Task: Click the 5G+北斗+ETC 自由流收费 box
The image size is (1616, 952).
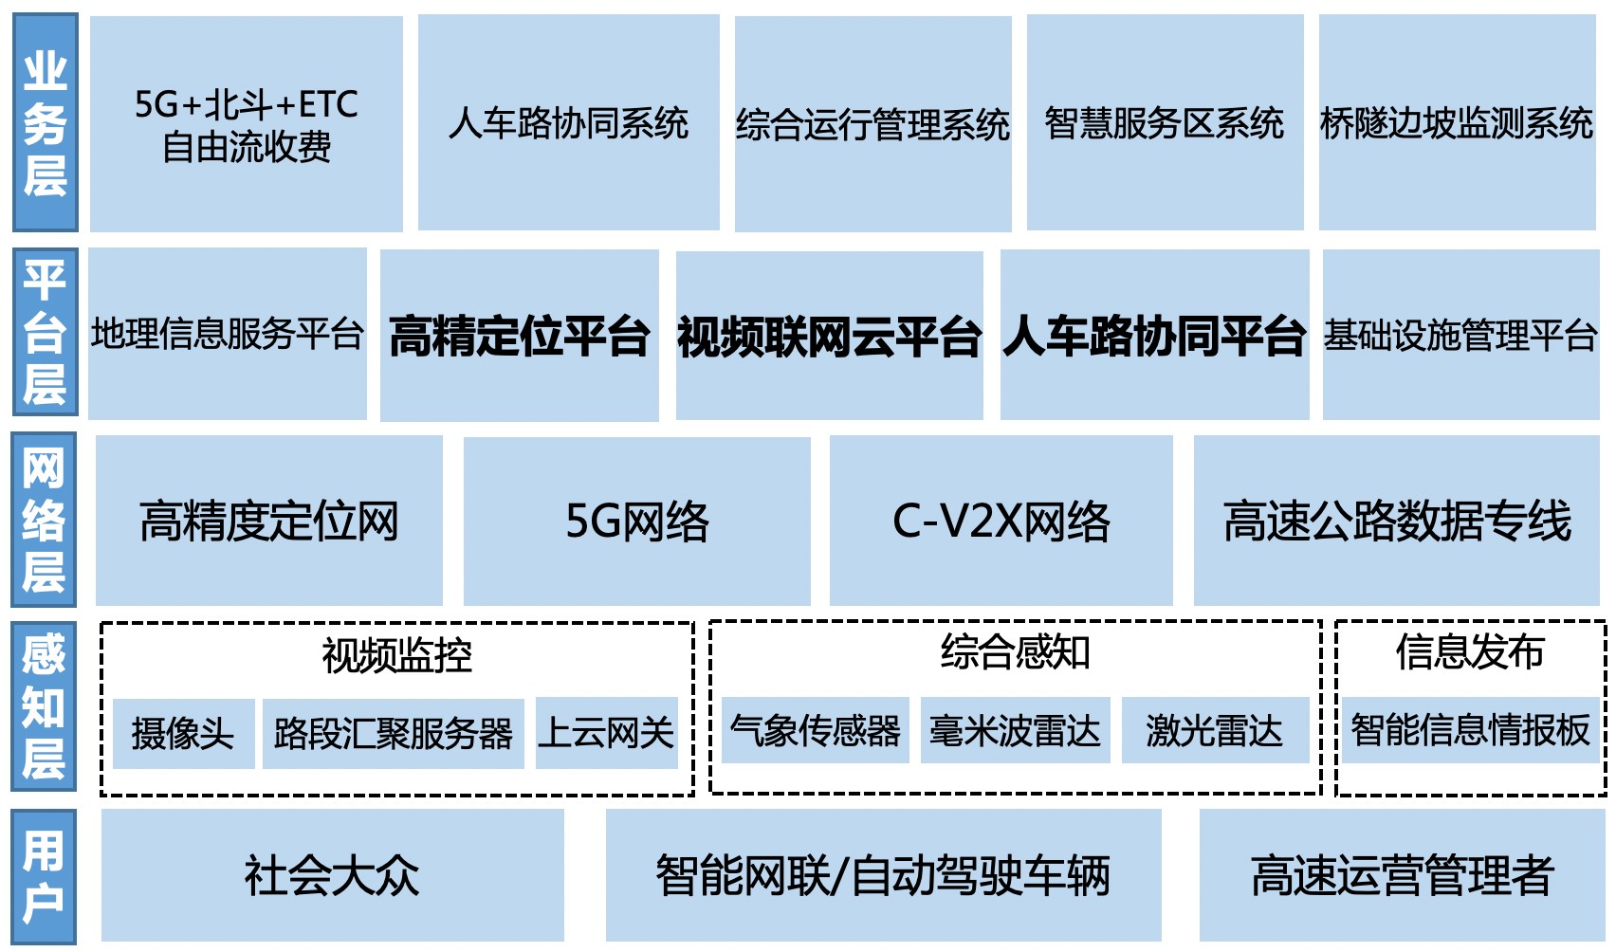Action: (x=246, y=124)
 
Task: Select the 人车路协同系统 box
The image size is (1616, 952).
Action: (x=568, y=123)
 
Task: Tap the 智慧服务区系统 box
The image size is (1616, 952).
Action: (x=1164, y=123)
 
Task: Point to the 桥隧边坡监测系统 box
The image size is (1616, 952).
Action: (x=1457, y=123)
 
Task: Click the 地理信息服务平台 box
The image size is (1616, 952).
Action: (x=228, y=334)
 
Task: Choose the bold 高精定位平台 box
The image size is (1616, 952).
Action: (x=519, y=336)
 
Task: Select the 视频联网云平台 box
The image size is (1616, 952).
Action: (x=829, y=336)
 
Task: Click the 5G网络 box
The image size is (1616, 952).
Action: (x=636, y=521)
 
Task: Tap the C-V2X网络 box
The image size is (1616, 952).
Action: (x=1001, y=521)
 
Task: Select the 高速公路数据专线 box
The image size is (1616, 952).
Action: (x=1396, y=521)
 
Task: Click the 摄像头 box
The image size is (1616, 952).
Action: (x=183, y=733)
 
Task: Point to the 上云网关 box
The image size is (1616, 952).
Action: (x=606, y=733)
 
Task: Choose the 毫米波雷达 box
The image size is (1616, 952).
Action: (x=1014, y=731)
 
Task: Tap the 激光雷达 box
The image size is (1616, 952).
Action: (x=1214, y=731)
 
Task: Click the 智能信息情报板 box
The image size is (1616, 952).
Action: (x=1469, y=731)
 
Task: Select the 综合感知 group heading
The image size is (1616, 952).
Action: (x=1015, y=652)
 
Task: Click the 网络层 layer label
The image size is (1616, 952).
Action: (x=44, y=520)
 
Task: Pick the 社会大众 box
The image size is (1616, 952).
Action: (x=332, y=875)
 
